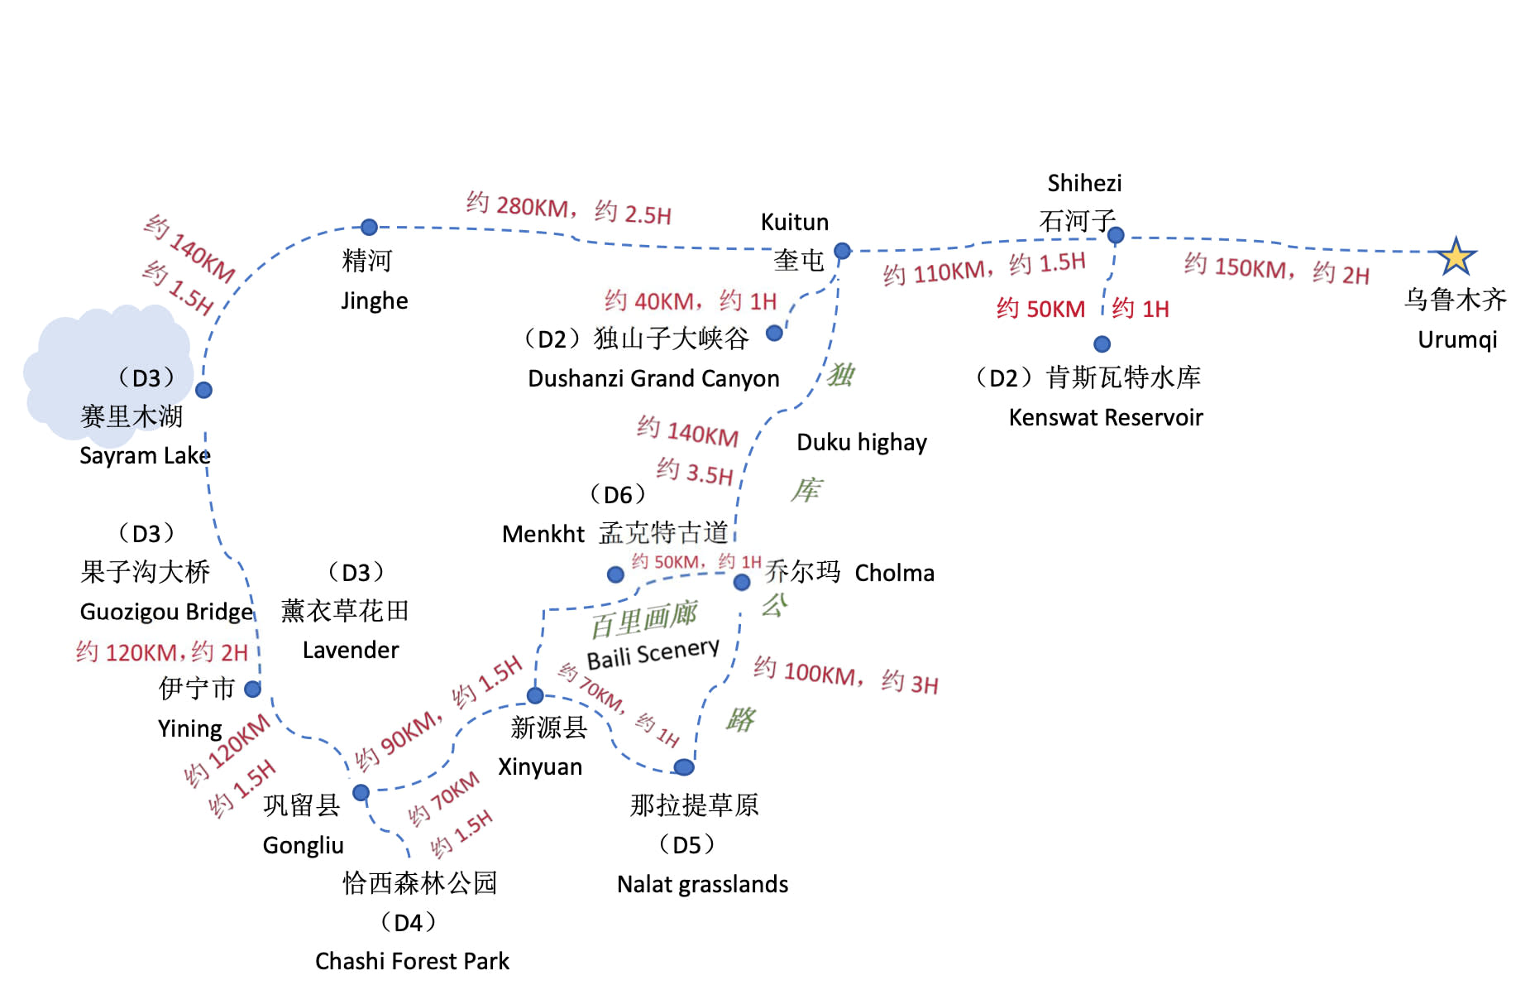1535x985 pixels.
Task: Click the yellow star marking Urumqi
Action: click(x=1456, y=257)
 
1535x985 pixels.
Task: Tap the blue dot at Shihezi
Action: click(x=1115, y=235)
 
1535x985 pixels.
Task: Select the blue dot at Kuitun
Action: click(x=842, y=251)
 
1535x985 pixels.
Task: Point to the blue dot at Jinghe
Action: click(x=369, y=227)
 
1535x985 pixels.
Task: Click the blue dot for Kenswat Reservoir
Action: click(x=1102, y=344)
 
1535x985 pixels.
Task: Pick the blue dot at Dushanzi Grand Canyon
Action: click(x=774, y=333)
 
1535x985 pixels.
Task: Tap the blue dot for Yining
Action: click(x=253, y=689)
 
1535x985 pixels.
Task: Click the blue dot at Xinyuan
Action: click(x=535, y=695)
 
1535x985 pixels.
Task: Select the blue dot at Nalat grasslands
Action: click(x=684, y=767)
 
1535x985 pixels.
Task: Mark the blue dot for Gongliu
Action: click(x=361, y=793)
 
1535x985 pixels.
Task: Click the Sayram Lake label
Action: click(x=145, y=455)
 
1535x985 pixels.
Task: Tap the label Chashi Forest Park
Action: click(x=412, y=961)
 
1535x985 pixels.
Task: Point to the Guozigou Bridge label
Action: click(x=166, y=612)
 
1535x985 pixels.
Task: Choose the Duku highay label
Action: click(x=862, y=442)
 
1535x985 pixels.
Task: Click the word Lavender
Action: click(x=351, y=650)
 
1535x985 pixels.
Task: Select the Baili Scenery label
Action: click(x=653, y=653)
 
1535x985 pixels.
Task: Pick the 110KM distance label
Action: click(x=938, y=271)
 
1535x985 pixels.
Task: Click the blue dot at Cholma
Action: click(x=742, y=582)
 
